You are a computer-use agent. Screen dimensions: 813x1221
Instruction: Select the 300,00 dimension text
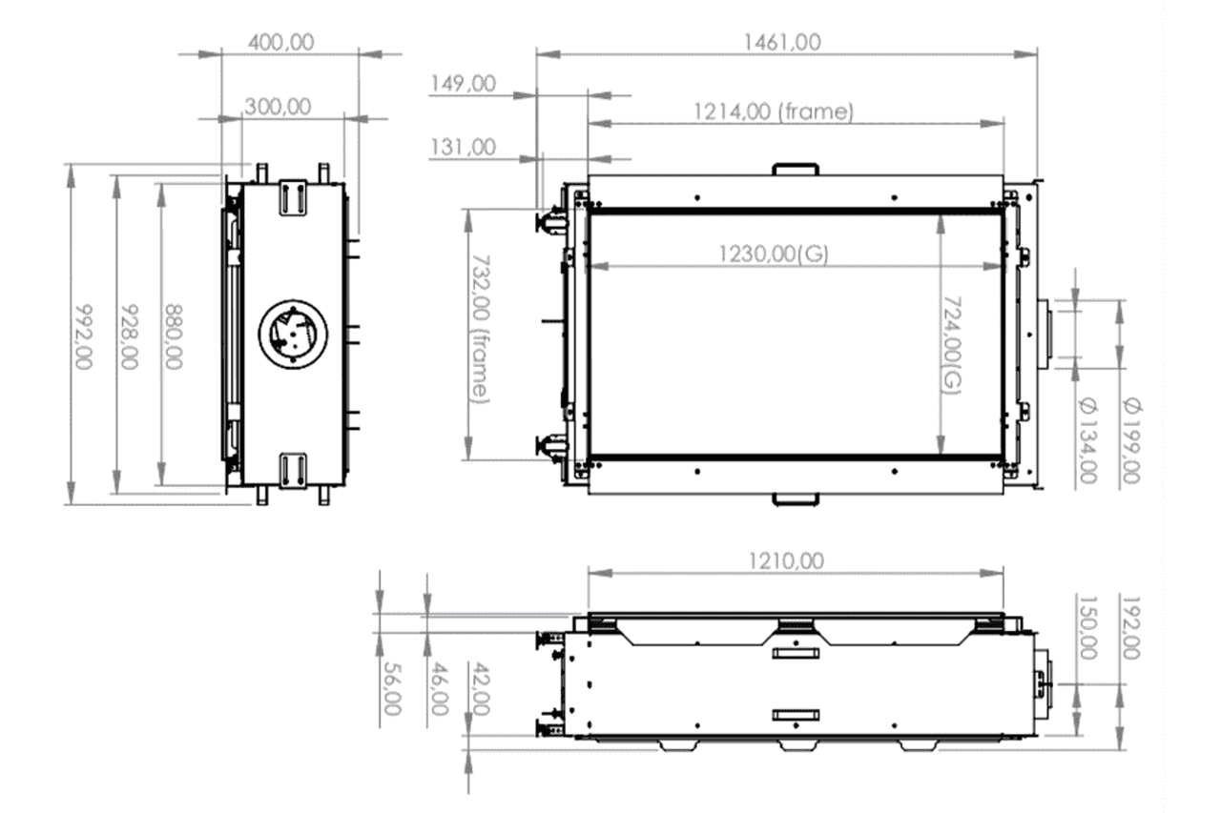(x=278, y=107)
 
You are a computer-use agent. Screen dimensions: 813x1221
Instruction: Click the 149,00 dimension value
(x=463, y=84)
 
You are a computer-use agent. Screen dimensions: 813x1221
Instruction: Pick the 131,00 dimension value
(x=463, y=147)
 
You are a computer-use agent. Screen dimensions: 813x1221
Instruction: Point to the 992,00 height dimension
(x=84, y=337)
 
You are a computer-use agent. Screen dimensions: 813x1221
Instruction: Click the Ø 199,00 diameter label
(x=1132, y=439)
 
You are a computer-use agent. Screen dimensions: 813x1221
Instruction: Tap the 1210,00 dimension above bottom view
(x=783, y=561)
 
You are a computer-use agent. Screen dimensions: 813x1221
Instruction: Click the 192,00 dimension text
(x=1132, y=628)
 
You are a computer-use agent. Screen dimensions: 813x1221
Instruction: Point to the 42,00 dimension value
(x=481, y=688)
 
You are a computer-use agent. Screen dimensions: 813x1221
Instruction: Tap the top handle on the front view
(x=795, y=168)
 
